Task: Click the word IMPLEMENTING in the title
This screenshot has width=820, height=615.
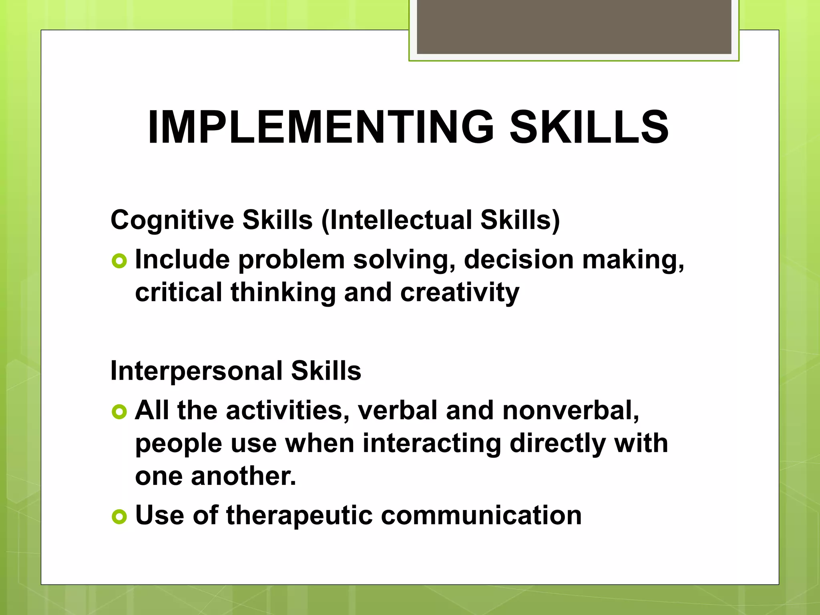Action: (x=321, y=127)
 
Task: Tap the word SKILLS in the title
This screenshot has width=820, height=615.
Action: (x=589, y=127)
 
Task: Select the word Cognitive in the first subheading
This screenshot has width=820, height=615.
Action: (x=172, y=220)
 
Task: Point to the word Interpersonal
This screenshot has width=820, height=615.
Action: (x=197, y=371)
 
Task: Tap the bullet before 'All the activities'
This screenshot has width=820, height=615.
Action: (x=119, y=412)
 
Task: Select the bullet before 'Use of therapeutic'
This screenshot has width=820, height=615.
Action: (x=119, y=517)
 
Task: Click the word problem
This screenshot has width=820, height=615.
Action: (x=291, y=260)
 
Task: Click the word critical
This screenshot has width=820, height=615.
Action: (x=179, y=292)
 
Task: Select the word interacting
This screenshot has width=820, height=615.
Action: (x=432, y=444)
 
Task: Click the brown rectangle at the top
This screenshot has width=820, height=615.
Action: (x=574, y=26)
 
